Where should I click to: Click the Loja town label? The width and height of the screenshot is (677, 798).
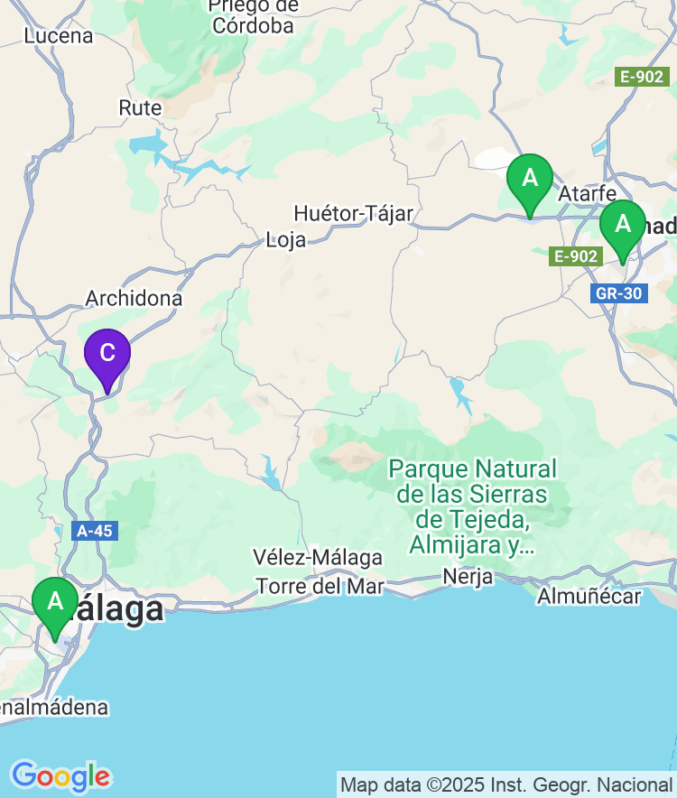285,240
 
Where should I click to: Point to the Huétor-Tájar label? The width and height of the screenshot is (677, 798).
353,214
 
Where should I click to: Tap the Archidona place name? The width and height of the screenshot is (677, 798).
134,298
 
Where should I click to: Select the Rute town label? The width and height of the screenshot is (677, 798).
140,108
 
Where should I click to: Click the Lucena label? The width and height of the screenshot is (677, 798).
59,36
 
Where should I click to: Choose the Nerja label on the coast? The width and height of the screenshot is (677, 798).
468,577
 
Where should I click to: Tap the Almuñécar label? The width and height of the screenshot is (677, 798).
589,596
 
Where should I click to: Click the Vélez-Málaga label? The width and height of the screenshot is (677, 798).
318,557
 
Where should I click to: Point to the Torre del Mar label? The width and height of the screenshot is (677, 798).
320,586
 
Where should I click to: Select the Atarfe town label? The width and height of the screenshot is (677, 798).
587,193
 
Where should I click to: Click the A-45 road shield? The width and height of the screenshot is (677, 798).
95,531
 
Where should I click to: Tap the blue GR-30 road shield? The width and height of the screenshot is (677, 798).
619,293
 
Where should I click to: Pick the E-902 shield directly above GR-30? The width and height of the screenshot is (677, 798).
576,256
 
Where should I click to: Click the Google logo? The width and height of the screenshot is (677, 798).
60,775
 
